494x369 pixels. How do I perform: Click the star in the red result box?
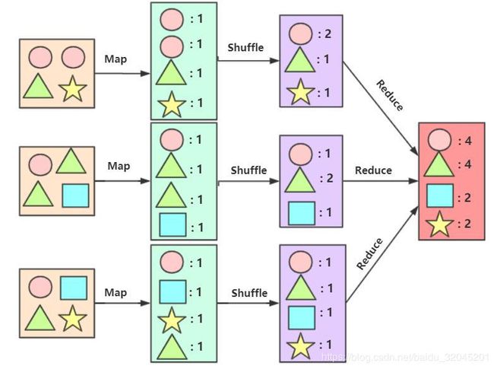click(x=439, y=224)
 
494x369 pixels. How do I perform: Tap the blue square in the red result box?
click(x=440, y=196)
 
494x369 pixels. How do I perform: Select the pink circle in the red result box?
click(x=439, y=139)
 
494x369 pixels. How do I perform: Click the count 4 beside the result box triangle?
click(x=468, y=164)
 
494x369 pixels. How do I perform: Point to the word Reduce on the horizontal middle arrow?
click(x=373, y=170)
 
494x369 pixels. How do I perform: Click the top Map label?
click(x=116, y=59)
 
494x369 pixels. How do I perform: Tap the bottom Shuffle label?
click(x=249, y=293)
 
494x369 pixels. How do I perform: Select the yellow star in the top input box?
click(x=72, y=88)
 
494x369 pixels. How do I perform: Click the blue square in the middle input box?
click(x=75, y=196)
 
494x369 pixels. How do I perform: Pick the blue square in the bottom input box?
click(x=74, y=288)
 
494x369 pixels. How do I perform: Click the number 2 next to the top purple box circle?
click(x=328, y=33)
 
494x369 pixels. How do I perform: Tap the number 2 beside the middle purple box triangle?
click(x=330, y=178)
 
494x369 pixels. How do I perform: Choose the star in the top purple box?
click(x=300, y=92)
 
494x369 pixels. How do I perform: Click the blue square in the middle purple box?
click(x=302, y=213)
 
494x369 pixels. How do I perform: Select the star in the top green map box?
click(x=172, y=104)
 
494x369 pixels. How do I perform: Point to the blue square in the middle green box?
click(x=173, y=225)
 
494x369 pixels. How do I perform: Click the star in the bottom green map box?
click(x=172, y=320)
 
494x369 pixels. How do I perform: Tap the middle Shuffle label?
click(x=249, y=170)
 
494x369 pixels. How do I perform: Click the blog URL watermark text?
click(x=406, y=357)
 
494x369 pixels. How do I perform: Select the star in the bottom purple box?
click(x=300, y=346)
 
